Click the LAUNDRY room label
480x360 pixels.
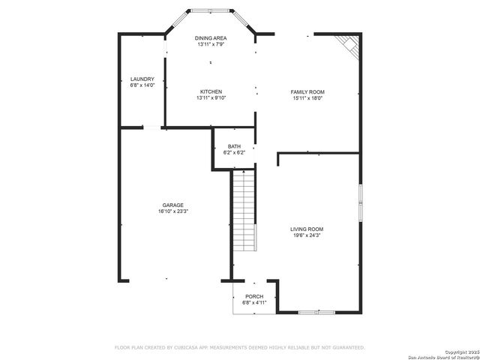pos(142,79)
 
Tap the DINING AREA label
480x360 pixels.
pos(211,38)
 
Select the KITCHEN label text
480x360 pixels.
pos(211,91)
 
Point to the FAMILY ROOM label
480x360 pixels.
pos(307,91)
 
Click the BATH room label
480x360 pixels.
pos(234,146)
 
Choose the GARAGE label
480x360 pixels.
pos(173,205)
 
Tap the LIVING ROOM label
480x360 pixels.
pos(307,229)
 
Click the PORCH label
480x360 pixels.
pos(253,296)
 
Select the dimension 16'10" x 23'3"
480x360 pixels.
pos(173,212)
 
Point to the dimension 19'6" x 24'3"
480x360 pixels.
pos(307,235)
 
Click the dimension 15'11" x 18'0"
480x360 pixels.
pos(307,98)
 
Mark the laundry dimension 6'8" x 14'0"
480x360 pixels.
pos(142,85)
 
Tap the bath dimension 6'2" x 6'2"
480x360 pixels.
pos(234,153)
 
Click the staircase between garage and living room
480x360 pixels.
pos(244,211)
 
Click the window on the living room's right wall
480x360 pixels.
pos(361,202)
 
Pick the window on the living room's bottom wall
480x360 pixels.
pos(311,312)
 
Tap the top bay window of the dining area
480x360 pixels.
pos(211,12)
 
